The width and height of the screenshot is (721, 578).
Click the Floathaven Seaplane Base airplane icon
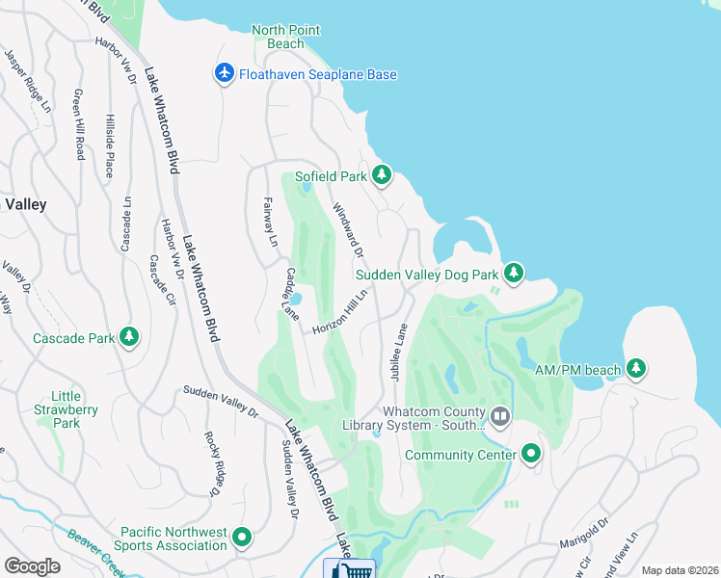coord(225,73)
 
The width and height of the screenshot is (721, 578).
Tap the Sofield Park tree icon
coord(383,175)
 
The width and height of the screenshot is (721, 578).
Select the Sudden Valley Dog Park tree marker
coord(514,273)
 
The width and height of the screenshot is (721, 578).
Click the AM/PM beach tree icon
coord(635,368)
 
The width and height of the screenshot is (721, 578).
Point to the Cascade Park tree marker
coord(128,337)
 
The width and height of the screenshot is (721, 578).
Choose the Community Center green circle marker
coord(531,454)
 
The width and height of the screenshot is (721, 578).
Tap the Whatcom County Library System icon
coord(499,417)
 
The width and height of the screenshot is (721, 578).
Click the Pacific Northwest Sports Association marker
coord(242,538)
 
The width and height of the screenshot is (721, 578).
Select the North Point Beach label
coord(285,37)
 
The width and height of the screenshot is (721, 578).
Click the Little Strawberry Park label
coord(74,409)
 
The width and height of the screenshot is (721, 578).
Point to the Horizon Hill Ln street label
coord(340,313)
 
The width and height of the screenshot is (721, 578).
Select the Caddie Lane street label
coord(291,295)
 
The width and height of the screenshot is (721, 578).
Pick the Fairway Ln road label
coord(270,221)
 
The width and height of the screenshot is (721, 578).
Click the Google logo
coord(31,566)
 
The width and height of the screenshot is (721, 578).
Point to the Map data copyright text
coord(680,570)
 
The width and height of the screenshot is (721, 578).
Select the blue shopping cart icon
coord(349,569)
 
